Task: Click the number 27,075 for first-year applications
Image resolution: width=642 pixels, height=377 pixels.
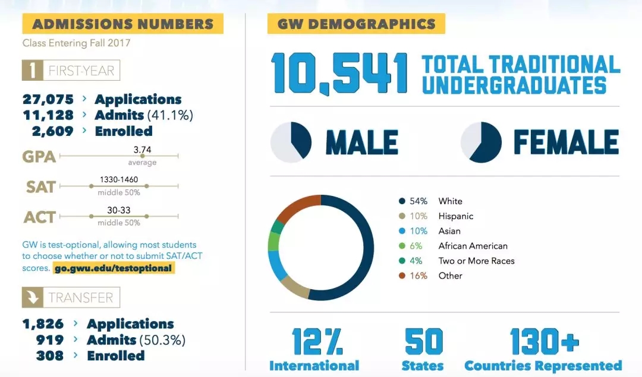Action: (48, 99)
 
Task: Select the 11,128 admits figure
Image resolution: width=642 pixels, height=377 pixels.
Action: (48, 115)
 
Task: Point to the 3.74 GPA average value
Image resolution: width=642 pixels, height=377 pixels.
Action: (142, 150)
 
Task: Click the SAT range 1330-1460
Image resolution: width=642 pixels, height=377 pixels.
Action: (119, 179)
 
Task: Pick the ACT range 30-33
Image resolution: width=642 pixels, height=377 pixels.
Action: (119, 210)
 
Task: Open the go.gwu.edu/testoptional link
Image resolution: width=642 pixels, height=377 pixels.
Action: (113, 268)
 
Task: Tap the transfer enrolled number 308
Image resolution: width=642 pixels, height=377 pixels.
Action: (50, 356)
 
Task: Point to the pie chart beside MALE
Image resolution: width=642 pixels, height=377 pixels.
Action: (291, 142)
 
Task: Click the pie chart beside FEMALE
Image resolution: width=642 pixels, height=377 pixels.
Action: (481, 142)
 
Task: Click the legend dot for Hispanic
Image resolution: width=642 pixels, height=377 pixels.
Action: (402, 216)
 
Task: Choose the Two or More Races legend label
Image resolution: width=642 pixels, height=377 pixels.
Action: (476, 261)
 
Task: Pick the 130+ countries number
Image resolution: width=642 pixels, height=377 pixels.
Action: (544, 342)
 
